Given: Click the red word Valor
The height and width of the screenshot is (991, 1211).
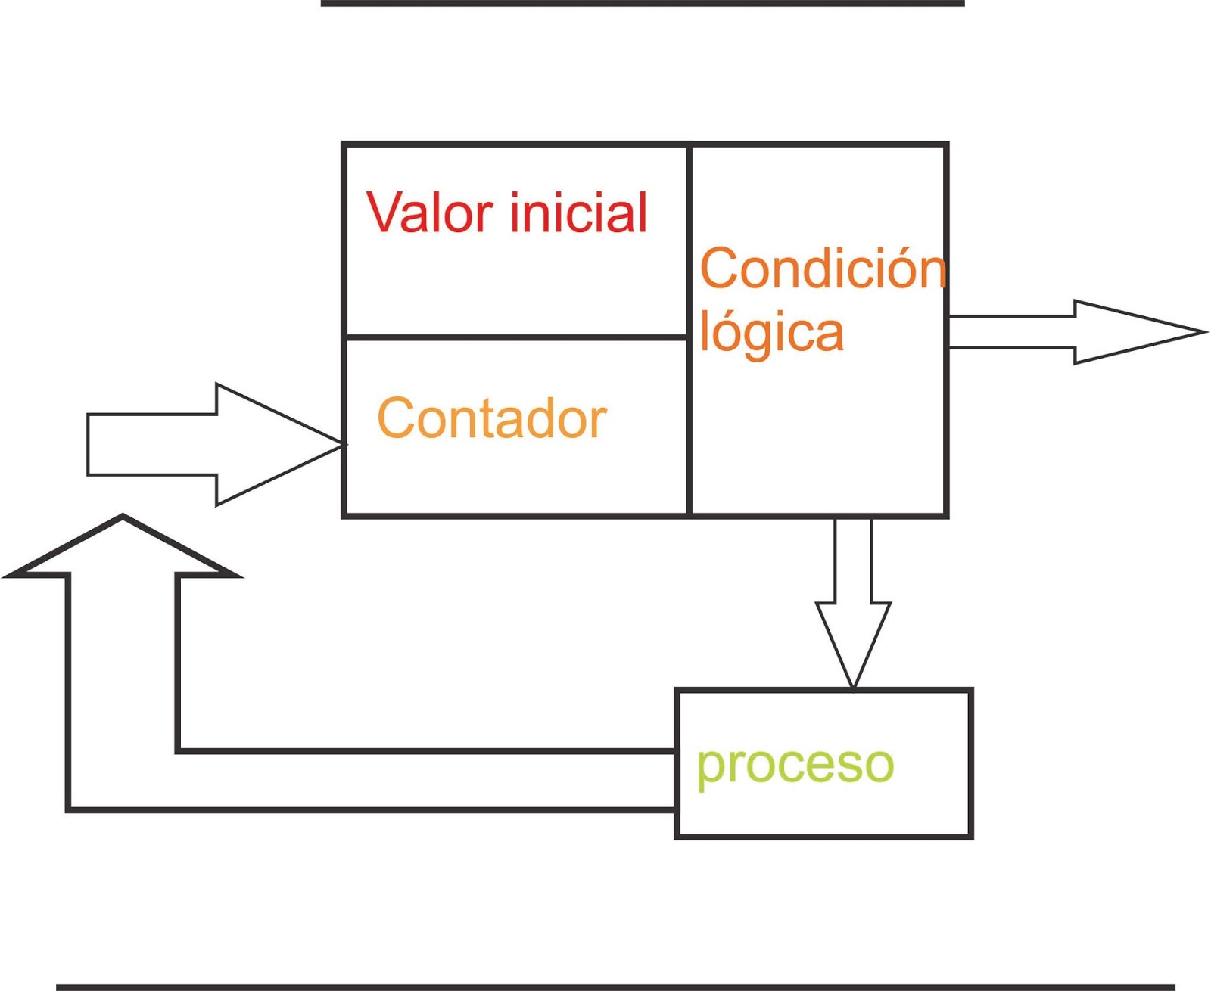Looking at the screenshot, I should [430, 213].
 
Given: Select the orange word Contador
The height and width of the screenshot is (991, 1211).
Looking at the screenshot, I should [492, 418].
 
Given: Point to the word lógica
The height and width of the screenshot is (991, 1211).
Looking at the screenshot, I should [771, 332].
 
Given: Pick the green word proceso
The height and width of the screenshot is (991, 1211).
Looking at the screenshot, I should [795, 766].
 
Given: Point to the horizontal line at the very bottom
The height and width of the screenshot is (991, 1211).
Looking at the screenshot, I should [615, 986].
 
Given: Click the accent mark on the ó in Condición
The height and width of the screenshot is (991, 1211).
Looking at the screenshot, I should [918, 250].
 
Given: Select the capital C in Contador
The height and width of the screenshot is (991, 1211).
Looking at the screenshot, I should [394, 418].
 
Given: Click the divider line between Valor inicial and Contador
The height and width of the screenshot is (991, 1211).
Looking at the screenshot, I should [516, 337].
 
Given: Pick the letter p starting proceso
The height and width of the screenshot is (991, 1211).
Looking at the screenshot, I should [709, 769].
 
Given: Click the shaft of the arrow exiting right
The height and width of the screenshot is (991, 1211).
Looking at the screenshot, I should [1011, 332].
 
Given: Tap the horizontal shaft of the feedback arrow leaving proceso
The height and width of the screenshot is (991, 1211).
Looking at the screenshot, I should [424, 781].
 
